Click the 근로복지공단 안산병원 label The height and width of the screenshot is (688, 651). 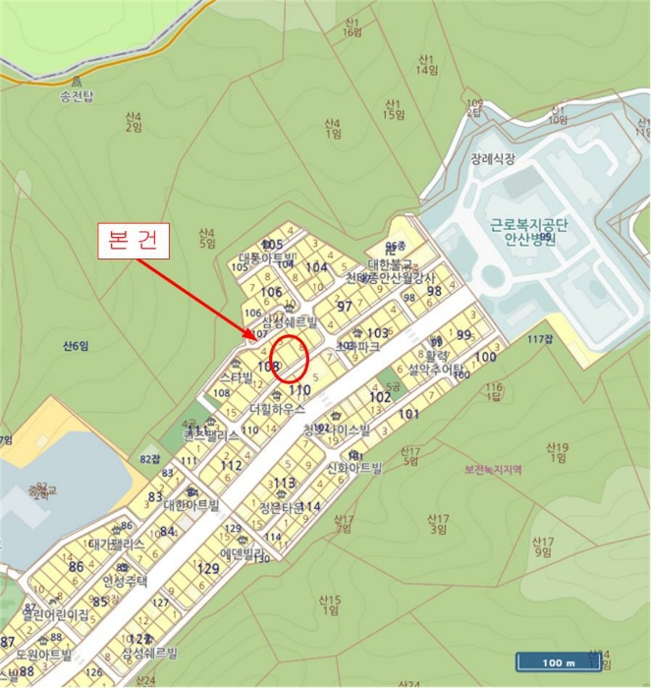tap(523, 231)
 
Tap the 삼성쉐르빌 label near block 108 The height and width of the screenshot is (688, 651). tap(290, 322)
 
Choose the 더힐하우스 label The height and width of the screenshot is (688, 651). tap(278, 407)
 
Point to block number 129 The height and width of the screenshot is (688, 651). tap(208, 568)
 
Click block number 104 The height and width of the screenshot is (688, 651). tap(316, 267)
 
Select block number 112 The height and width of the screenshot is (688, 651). tap(232, 465)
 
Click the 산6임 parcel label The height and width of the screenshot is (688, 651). tap(76, 345)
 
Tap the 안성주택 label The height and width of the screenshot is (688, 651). tap(124, 581)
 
